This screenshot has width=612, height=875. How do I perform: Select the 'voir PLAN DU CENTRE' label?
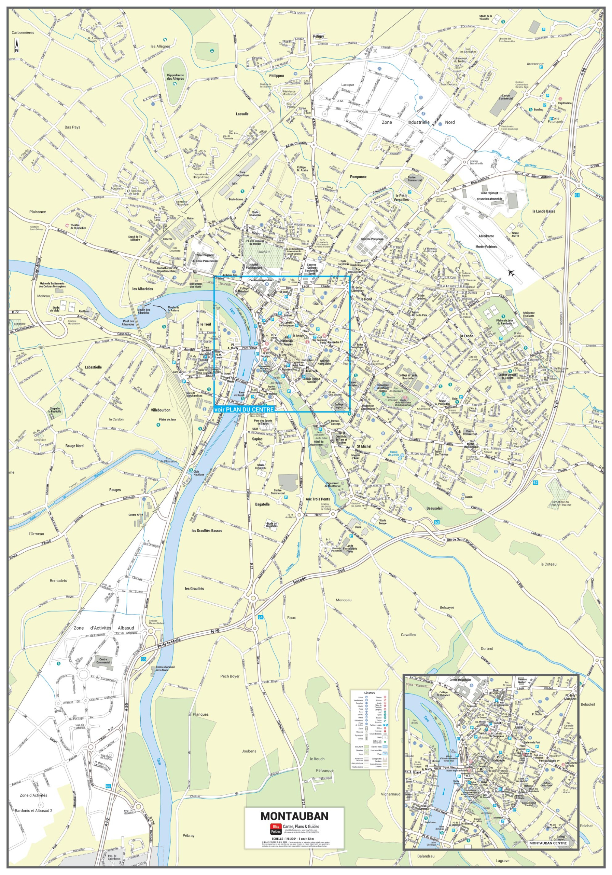244,409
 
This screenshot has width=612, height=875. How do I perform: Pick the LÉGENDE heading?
369,692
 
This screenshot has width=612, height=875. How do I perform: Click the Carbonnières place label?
23,33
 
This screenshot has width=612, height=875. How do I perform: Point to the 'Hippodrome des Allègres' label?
176,77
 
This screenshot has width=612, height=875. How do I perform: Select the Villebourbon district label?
160,410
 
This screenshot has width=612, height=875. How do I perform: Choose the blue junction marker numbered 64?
261,617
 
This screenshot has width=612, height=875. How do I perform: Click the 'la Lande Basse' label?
543,211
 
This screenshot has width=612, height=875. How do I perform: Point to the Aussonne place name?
535,64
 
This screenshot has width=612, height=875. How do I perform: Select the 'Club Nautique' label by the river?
198,473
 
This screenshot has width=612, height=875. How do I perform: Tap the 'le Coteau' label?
548,564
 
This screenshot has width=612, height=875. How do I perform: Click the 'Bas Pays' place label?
72,127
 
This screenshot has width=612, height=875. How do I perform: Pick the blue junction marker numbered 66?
109,786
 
